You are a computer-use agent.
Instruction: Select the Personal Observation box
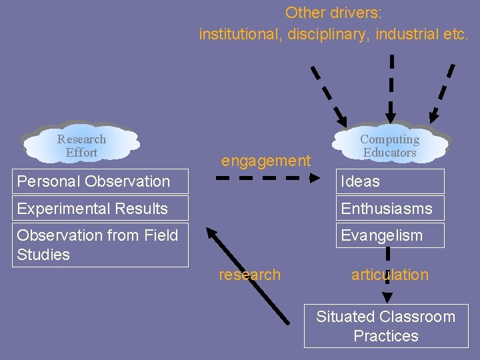(x=100, y=181)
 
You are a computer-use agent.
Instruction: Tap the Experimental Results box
(x=100, y=209)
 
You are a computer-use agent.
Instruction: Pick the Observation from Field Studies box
(x=100, y=245)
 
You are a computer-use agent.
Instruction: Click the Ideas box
(x=389, y=181)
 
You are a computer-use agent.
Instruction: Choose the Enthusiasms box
(x=389, y=209)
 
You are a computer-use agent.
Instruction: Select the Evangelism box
(x=389, y=235)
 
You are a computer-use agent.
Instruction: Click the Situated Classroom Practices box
(x=385, y=326)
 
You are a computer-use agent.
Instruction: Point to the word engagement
(x=266, y=161)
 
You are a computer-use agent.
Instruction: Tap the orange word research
(x=249, y=275)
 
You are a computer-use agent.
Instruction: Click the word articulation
(x=390, y=275)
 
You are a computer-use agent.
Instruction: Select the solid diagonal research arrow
(x=249, y=275)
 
